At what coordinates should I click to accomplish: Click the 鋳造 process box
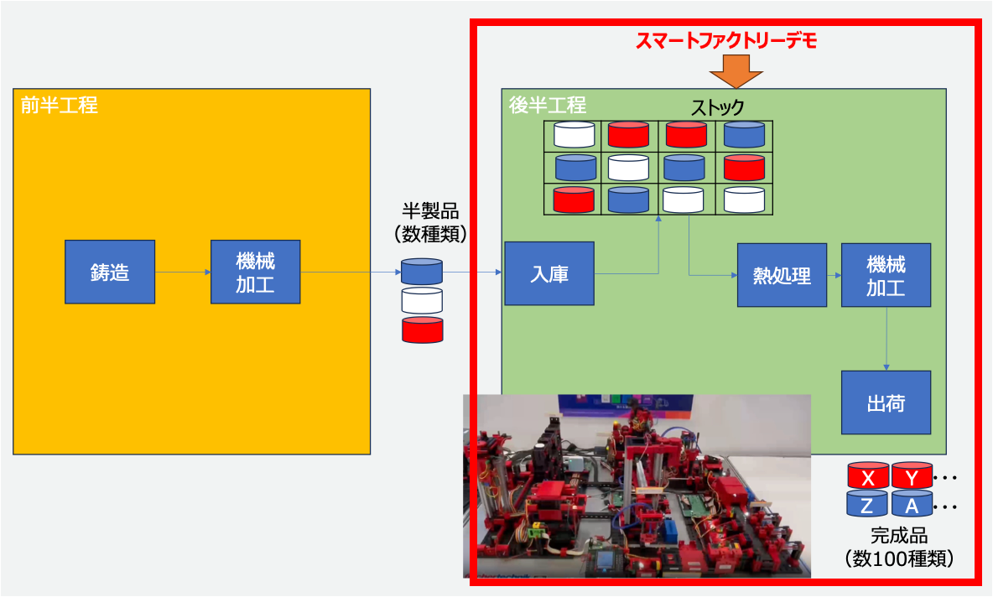[110, 272]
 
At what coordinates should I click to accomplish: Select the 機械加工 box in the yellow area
[255, 272]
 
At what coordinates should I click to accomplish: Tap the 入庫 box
[549, 273]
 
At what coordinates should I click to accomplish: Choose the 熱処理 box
[782, 275]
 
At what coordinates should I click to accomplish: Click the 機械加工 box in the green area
[886, 275]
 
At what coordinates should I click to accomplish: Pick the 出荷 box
[886, 402]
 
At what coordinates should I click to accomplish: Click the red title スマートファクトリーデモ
[725, 39]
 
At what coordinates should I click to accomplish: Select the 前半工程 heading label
[60, 106]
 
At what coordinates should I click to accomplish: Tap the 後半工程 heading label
[548, 106]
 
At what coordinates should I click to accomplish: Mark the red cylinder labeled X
[868, 476]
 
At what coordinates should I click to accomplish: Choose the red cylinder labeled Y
[912, 476]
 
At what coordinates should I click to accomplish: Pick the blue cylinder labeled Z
[868, 504]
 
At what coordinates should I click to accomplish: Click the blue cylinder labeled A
[912, 504]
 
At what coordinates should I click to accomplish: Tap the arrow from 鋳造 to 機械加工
[183, 272]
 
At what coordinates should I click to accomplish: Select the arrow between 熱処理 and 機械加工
[834, 275]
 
